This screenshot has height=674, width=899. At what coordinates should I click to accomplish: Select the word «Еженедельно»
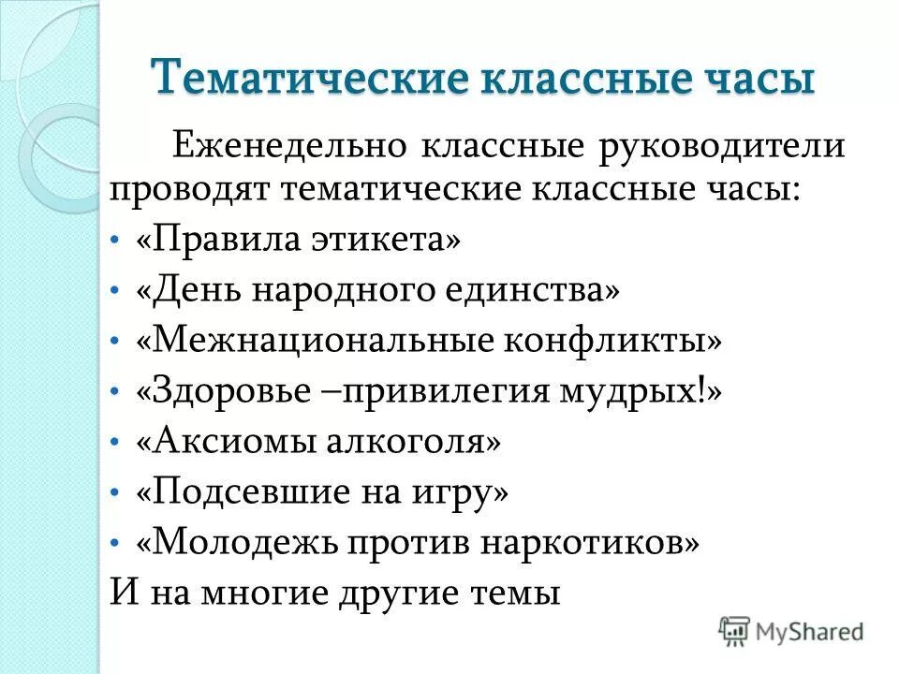[x=287, y=146]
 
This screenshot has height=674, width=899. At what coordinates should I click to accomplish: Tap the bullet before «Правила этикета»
[x=114, y=242]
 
